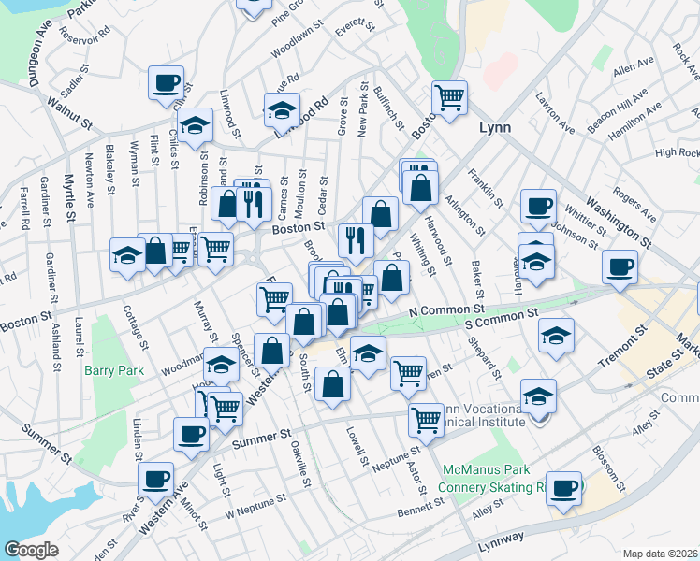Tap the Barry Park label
click(x=114, y=370)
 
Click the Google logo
click(x=31, y=549)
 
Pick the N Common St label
click(x=445, y=309)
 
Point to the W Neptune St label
click(x=255, y=509)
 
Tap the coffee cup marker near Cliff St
click(x=166, y=82)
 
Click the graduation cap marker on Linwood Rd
click(x=282, y=110)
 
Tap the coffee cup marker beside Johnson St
click(x=537, y=207)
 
